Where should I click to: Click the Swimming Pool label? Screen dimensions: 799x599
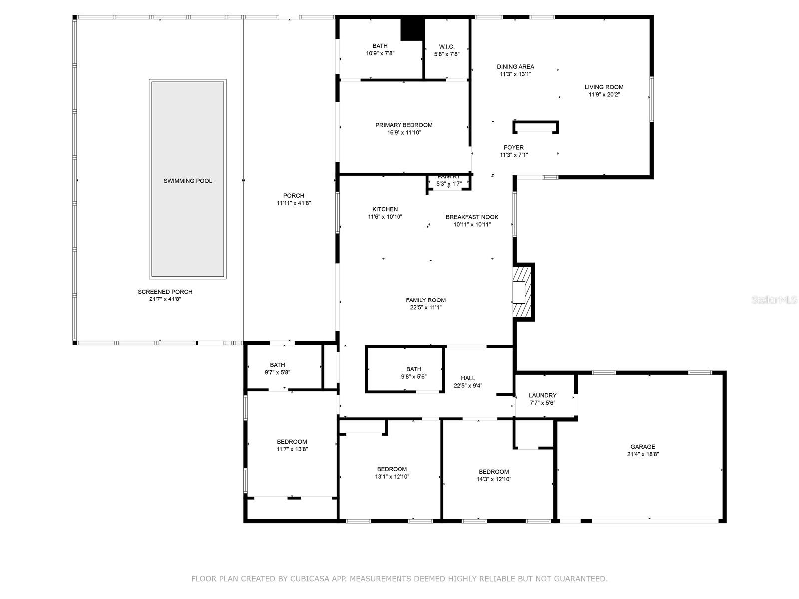pos(187,181)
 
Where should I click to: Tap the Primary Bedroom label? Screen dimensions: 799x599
pos(403,125)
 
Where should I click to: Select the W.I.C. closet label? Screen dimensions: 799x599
pos(446,47)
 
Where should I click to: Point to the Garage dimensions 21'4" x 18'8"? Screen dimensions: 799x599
pos(643,454)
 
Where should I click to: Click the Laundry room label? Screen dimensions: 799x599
pos(542,395)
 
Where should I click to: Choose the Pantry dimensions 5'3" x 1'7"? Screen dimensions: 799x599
pos(449,184)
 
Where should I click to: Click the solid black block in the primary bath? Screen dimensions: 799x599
pos(413,30)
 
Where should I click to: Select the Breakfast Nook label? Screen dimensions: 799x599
pos(472,217)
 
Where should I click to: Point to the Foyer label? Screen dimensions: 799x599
pos(514,147)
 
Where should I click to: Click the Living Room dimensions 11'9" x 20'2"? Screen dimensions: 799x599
pos(604,94)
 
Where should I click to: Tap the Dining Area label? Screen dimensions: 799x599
pos(515,66)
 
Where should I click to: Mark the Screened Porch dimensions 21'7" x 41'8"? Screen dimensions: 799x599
pos(165,299)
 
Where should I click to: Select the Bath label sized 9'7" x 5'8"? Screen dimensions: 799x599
pos(277,365)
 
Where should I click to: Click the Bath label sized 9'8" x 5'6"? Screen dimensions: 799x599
pos(414,369)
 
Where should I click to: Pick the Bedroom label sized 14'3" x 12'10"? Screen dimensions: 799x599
pos(493,472)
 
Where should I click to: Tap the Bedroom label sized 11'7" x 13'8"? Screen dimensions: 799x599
pos(292,442)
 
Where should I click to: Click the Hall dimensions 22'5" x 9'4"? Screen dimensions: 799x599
pos(468,385)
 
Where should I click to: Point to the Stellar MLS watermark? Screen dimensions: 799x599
pos(774,299)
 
